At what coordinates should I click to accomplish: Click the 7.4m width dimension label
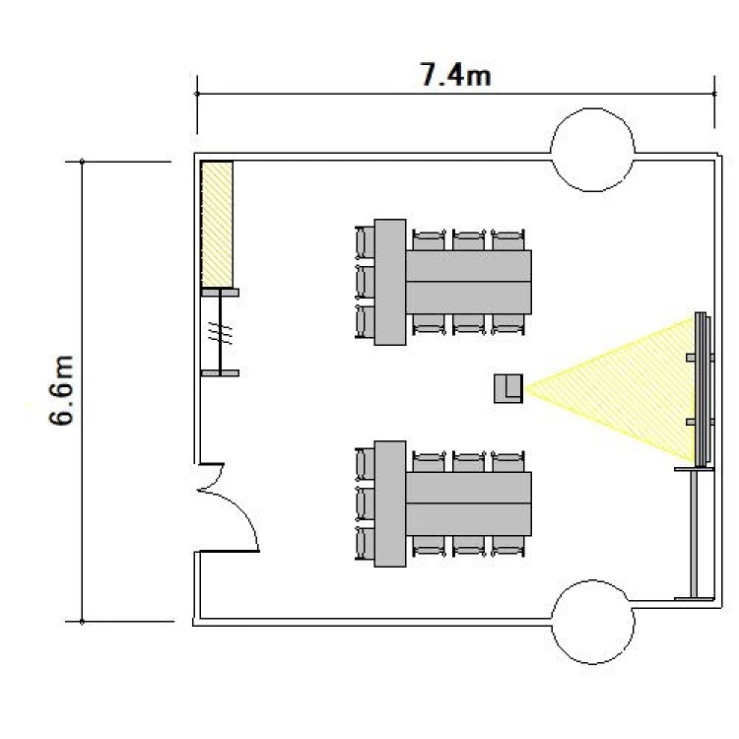(x=455, y=76)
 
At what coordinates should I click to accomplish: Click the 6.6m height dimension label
(x=62, y=390)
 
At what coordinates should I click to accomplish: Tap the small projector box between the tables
(x=508, y=389)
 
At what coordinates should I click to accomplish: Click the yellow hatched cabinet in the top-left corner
(x=217, y=225)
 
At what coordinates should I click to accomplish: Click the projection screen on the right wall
(x=703, y=390)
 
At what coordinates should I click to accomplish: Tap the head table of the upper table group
(x=390, y=283)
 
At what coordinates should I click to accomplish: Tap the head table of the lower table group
(x=390, y=504)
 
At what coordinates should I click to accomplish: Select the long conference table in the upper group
(x=468, y=283)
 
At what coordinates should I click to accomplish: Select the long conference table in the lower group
(x=468, y=504)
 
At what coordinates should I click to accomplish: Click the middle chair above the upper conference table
(x=468, y=239)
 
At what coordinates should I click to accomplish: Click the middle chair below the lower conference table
(x=468, y=546)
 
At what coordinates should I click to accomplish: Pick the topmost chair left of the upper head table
(x=365, y=242)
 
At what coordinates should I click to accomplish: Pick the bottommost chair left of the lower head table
(x=365, y=544)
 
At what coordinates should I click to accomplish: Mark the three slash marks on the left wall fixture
(x=220, y=332)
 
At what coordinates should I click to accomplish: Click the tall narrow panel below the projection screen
(x=694, y=534)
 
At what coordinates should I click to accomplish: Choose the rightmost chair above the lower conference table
(x=508, y=461)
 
